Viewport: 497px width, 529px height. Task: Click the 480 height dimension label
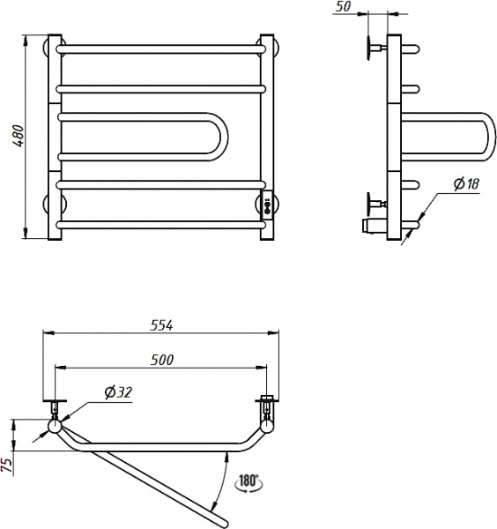(x=19, y=136)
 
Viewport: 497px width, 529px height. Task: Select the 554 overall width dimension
(x=161, y=325)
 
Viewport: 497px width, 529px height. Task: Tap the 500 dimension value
(x=162, y=360)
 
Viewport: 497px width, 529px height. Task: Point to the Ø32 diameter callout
(x=118, y=392)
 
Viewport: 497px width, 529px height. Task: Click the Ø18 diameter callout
(x=466, y=183)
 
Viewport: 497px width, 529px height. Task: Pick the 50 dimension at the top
(x=343, y=6)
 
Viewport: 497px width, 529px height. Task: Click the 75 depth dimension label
(x=7, y=466)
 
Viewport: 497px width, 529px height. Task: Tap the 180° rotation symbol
(x=248, y=481)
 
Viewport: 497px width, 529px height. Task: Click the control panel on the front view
(x=267, y=205)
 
